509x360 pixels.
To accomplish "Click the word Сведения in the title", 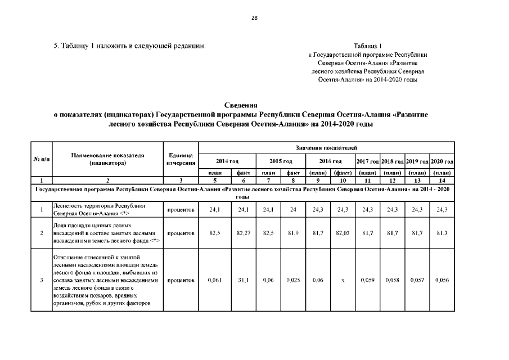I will [241, 105].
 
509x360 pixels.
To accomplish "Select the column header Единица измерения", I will [181, 159].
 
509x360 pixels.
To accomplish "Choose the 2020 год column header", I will [442, 161].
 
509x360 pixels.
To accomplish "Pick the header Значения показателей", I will [326, 147].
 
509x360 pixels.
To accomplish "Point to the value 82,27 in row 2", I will [244, 233].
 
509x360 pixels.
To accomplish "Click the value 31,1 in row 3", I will [244, 280].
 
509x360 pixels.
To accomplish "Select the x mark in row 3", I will [343, 280].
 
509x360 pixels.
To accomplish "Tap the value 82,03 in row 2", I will [343, 233].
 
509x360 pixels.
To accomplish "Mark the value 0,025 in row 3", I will [292, 280].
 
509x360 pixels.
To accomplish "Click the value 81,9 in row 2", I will [292, 233].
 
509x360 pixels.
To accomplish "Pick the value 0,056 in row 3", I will [442, 280].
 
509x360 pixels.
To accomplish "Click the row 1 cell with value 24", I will [292, 210].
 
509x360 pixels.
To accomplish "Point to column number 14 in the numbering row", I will [442, 181].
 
